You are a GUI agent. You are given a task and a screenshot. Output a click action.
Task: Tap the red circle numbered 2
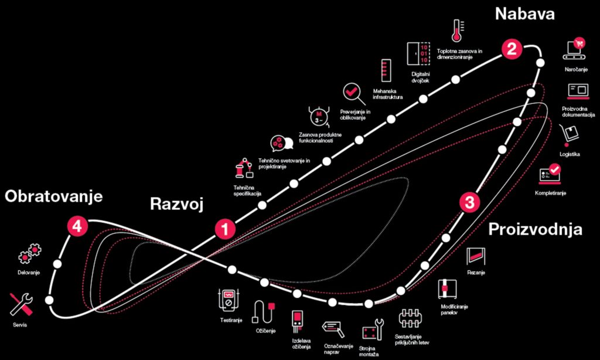point(512,49)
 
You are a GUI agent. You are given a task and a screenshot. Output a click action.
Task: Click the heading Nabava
point(524,15)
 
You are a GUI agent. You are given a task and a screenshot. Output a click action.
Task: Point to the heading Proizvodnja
point(536,229)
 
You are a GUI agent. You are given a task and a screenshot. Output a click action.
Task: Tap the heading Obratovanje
point(54,196)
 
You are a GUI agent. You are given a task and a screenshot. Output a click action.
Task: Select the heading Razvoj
point(176,204)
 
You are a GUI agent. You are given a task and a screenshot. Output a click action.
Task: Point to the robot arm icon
point(244,168)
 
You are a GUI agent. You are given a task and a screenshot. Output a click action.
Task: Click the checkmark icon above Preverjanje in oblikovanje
point(350,92)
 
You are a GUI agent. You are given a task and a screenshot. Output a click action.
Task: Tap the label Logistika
point(570,154)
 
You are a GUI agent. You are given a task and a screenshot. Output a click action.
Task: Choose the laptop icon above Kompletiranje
point(550,174)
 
